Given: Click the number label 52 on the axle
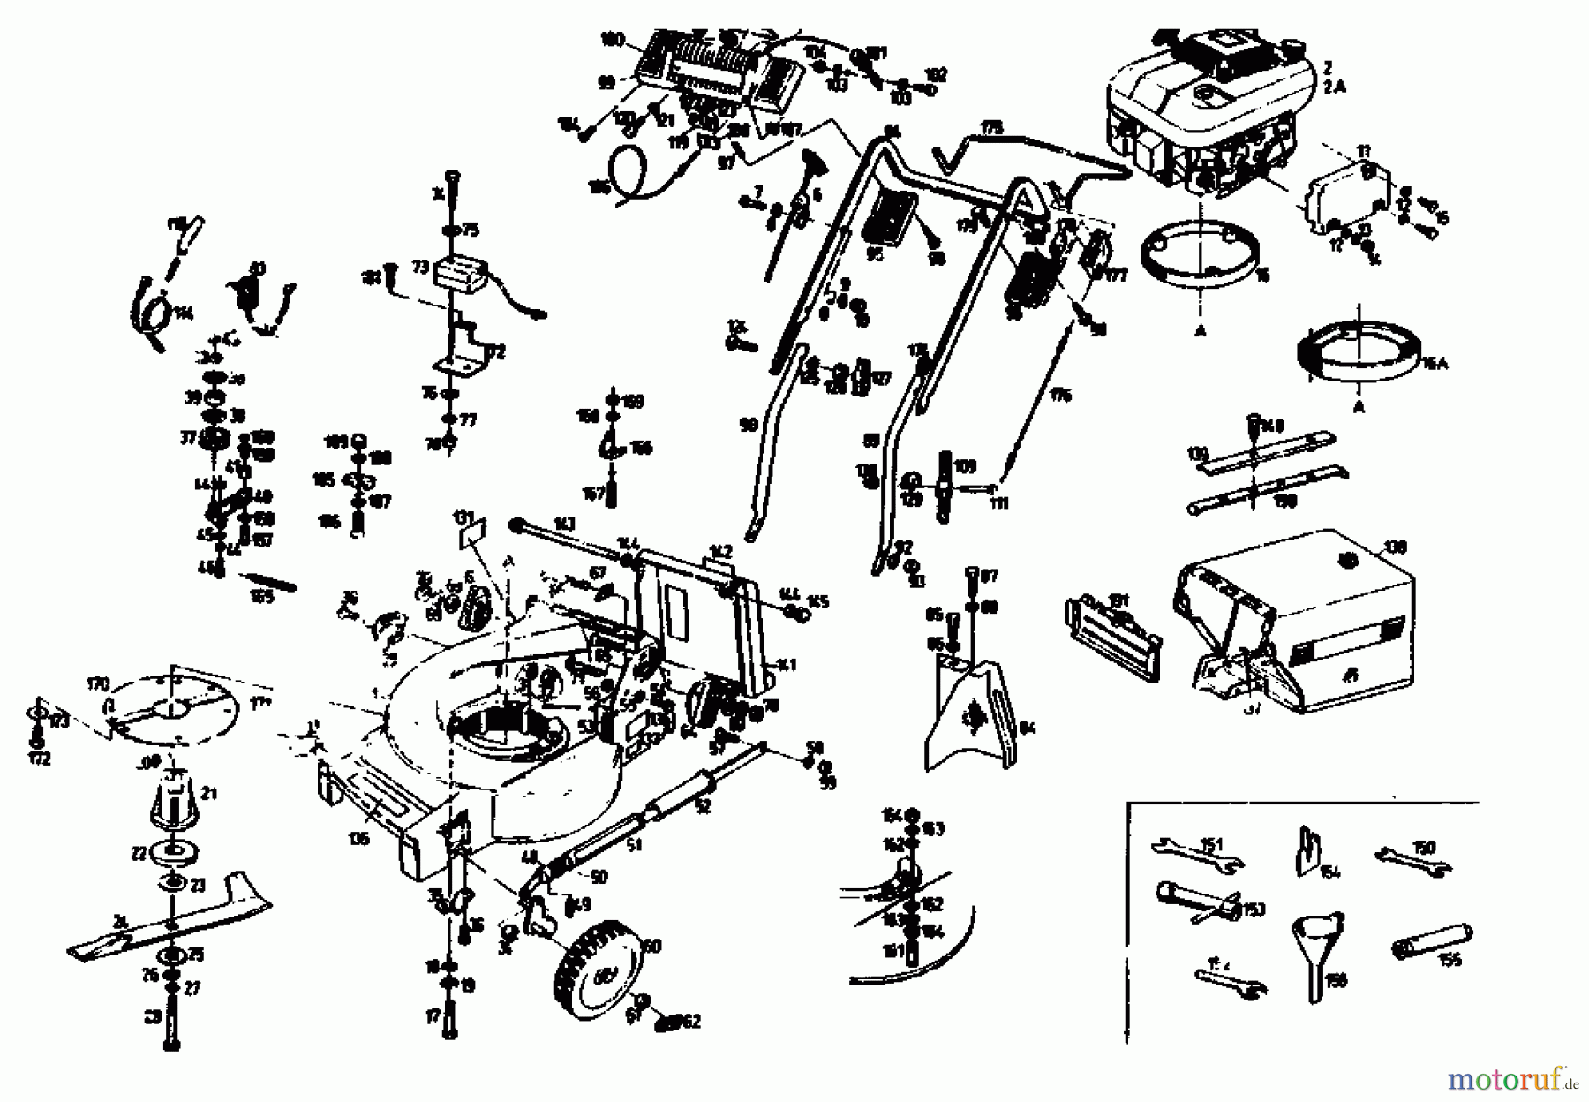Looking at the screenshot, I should [x=702, y=805].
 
